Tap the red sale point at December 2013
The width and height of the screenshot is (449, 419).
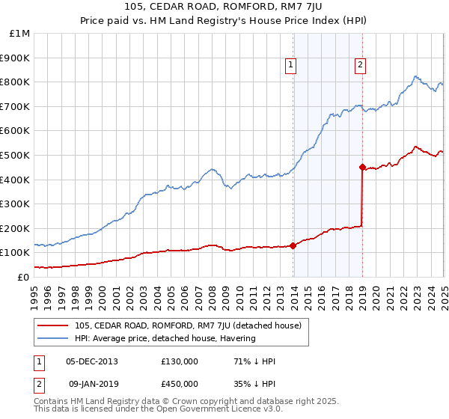[x=293, y=245]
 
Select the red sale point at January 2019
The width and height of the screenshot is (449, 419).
[x=362, y=168]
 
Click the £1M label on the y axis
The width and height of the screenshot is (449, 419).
[x=20, y=34]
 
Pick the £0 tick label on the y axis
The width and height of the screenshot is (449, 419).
[x=24, y=277]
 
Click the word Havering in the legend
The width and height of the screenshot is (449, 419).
[x=239, y=338]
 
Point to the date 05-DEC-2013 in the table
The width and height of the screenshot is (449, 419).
[x=91, y=361]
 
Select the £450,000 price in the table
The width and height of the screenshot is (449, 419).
[x=179, y=384]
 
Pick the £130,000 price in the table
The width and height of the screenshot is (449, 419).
[x=179, y=361]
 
